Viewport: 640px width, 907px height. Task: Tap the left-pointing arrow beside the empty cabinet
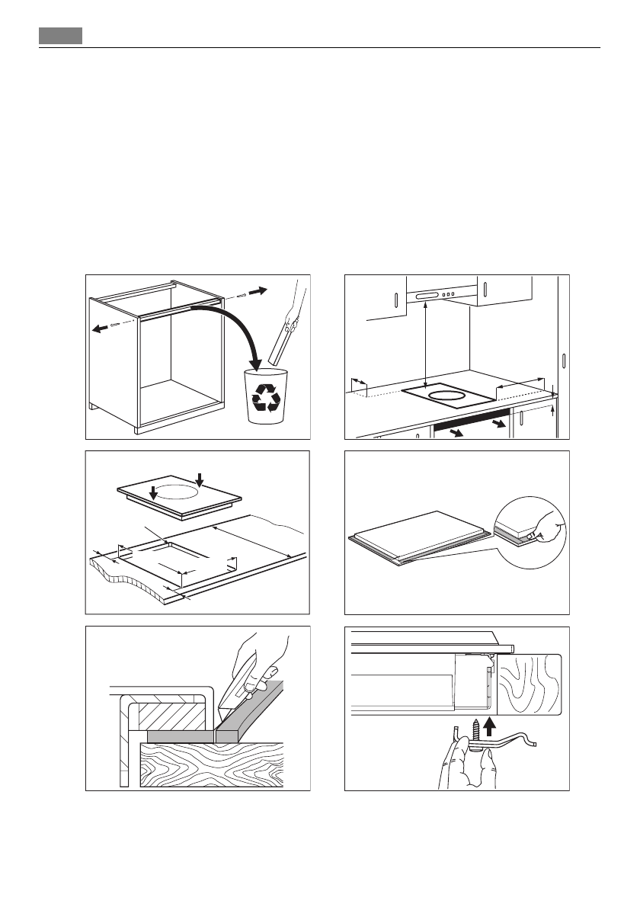100,329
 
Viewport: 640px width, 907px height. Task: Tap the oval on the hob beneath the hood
445,395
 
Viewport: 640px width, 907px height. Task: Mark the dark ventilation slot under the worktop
469,421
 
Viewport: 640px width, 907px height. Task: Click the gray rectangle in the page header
61,37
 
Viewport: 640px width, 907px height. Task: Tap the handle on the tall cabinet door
563,361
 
